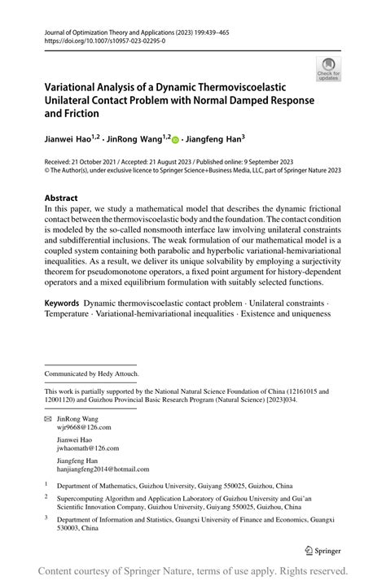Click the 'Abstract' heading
click(x=61, y=198)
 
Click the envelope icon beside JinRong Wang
click(x=47, y=417)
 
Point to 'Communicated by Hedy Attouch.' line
click(x=92, y=373)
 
